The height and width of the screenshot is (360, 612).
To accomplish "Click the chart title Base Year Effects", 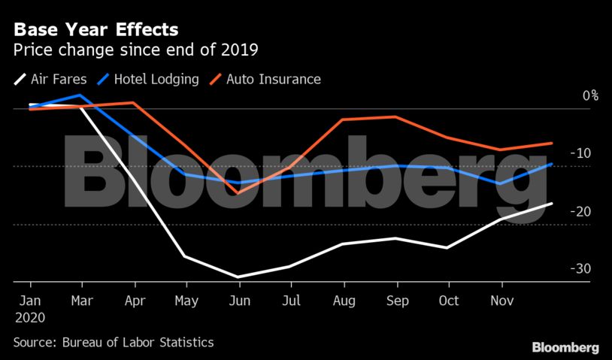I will pos(96,30).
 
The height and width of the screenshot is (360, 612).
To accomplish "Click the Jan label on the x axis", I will pos(30,300).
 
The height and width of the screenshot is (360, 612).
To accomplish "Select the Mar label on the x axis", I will pos(81,300).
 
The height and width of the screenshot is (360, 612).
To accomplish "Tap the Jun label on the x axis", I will pos(239,300).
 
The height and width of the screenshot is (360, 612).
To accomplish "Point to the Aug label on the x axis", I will pos(344,300).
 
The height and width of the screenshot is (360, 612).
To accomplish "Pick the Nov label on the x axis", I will pos(501,300).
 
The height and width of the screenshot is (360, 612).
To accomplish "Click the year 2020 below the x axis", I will pos(30,317).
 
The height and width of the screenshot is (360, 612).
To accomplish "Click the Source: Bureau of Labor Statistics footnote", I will pos(114,343).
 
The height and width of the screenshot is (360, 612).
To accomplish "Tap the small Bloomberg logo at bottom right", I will pos(565,348).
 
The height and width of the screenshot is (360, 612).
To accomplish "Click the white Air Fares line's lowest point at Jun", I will pos(238,277).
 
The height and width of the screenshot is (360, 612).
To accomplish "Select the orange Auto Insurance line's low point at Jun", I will pos(238,193).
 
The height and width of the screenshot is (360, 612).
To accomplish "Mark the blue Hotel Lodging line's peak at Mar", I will pos(81,95).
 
